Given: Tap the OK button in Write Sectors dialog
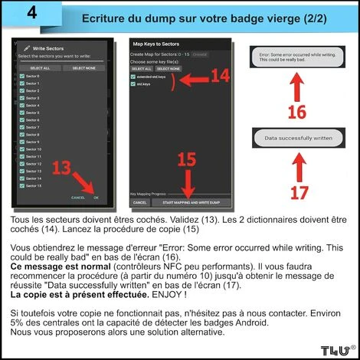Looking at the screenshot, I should [x=96, y=198].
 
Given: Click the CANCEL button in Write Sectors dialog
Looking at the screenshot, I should [x=78, y=198].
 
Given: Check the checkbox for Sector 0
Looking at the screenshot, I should [x=21, y=76].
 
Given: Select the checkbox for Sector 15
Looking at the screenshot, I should [x=21, y=185].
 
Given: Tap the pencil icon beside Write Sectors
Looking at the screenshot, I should [x=28, y=48].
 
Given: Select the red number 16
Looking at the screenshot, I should [x=296, y=112].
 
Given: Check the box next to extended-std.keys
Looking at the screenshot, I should [x=134, y=77].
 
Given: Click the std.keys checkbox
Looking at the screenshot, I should [x=134, y=84].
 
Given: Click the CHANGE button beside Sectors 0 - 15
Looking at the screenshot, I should [x=199, y=54].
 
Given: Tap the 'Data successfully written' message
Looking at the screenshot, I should [x=297, y=138].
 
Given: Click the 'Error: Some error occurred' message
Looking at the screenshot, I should [x=297, y=57].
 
